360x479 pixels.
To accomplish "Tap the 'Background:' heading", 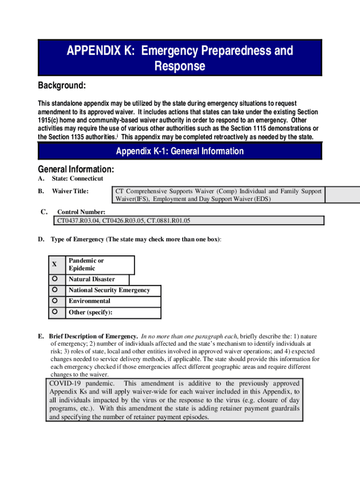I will coord(62,86).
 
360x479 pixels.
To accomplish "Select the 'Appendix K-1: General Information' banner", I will coord(180,151).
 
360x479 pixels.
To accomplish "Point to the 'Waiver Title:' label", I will coord(70,191).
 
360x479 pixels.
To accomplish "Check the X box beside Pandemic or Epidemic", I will coord(55,264).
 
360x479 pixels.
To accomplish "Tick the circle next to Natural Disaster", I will coord(55,279).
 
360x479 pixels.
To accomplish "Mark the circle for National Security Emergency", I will coord(55,290).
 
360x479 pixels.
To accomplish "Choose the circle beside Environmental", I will coord(55,301).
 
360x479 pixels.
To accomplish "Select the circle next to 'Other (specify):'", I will coord(55,312).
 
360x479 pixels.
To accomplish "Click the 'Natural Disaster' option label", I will coord(92,279).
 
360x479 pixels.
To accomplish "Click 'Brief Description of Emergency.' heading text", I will coord(93,336).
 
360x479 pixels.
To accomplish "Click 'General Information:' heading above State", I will coord(76,169).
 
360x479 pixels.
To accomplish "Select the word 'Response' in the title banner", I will coord(180,66).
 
